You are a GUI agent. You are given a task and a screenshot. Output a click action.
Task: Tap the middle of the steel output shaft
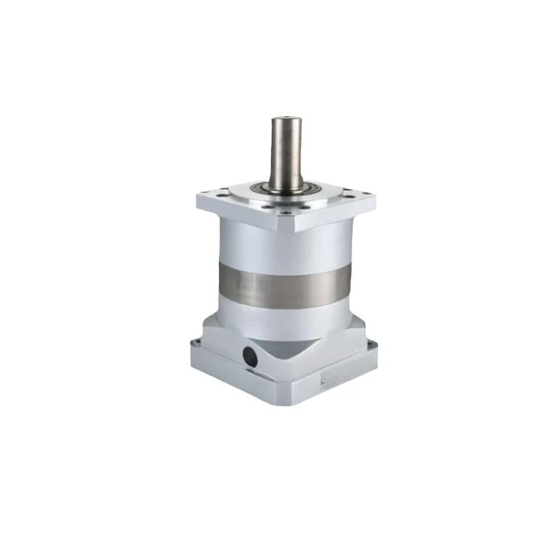(284, 151)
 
